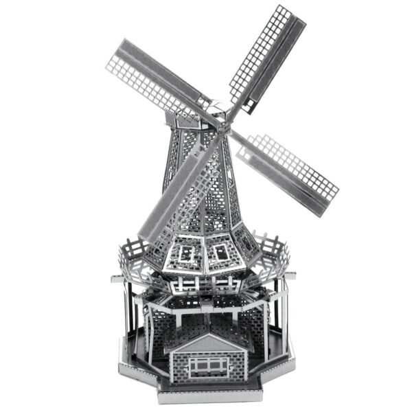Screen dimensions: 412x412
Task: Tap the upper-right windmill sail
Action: click(268, 55)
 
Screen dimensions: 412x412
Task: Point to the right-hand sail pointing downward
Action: click(288, 165)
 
